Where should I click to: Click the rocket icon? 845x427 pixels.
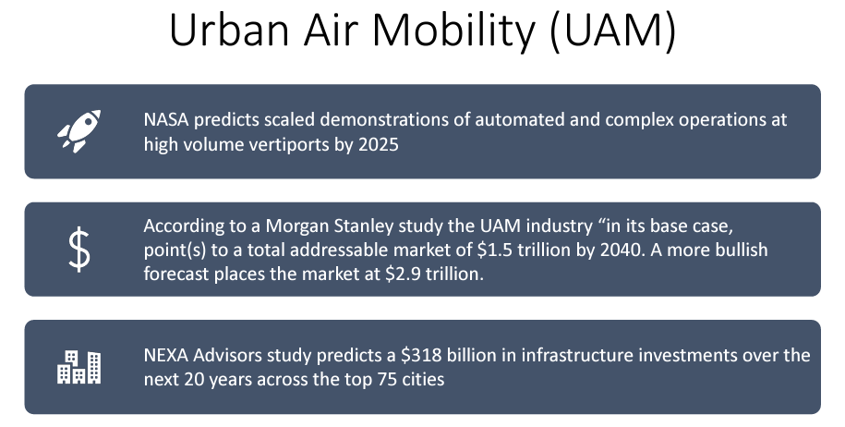(79, 131)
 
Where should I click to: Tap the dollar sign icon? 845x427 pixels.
(79, 250)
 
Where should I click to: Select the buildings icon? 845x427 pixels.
(79, 367)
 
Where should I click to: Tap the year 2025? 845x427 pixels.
(380, 144)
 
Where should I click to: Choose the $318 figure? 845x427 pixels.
(423, 356)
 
